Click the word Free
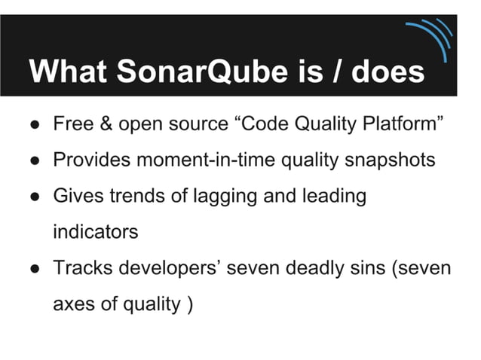73,124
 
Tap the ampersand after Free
109,124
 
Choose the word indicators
96,232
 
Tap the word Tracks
80,269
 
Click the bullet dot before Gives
35,197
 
